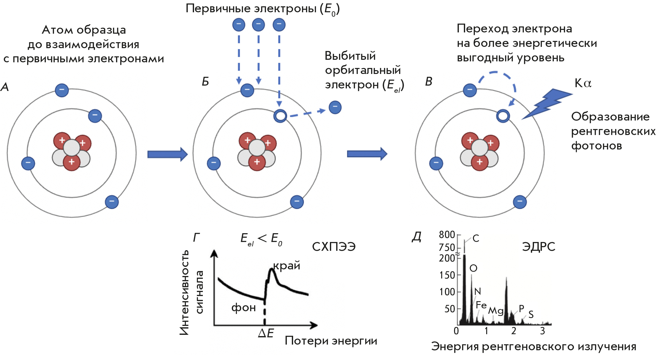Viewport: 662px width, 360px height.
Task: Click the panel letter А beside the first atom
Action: click(5, 87)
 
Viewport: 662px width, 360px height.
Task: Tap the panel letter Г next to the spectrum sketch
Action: click(196, 238)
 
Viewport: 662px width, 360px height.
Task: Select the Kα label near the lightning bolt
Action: click(583, 83)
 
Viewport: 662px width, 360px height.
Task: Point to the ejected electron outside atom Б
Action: click(335, 107)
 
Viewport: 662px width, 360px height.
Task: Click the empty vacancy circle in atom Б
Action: click(280, 116)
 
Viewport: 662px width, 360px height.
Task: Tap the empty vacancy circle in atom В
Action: click(503, 116)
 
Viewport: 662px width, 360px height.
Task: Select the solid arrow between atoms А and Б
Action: click(167, 154)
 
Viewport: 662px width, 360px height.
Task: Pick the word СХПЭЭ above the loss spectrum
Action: click(334, 247)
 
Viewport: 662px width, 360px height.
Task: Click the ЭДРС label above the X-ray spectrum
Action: click(538, 247)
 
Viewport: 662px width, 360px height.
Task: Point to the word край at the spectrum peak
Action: click(286, 266)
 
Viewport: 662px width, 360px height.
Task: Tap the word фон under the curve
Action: click(243, 307)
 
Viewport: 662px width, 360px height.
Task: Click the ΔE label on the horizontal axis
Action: click(266, 333)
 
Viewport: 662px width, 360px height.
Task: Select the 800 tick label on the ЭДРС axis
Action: click(447, 235)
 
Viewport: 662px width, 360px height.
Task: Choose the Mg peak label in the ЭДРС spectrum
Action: click(496, 311)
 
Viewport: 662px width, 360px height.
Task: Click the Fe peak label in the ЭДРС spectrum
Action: click(481, 305)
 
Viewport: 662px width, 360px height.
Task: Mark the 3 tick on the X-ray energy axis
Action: click(542, 331)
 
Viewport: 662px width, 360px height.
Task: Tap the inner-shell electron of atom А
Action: click(95, 116)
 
